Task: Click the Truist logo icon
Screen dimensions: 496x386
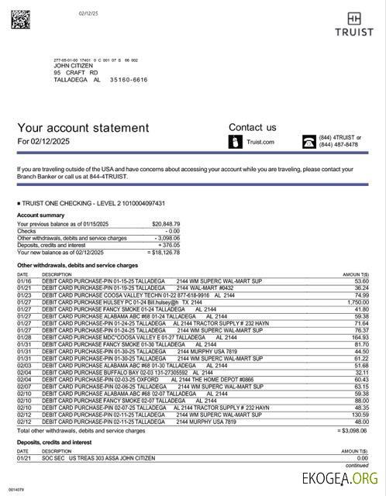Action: (354, 19)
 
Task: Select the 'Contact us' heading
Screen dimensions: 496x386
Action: (252, 127)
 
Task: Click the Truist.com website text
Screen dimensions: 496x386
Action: (260, 142)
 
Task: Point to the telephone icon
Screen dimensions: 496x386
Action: (308, 142)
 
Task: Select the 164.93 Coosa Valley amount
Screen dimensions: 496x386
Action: (360, 337)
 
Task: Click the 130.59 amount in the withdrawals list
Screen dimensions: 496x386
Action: (360, 415)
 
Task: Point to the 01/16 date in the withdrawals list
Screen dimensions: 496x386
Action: (22, 281)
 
